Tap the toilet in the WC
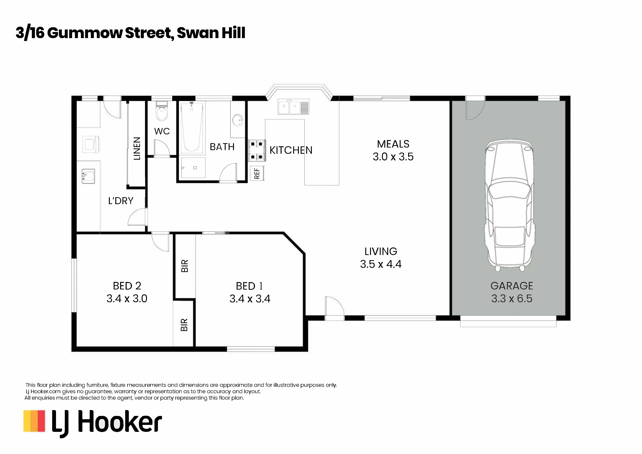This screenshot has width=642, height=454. click(x=162, y=111)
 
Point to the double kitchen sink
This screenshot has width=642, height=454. click(x=293, y=107)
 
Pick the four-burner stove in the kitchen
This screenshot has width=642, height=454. click(x=257, y=150)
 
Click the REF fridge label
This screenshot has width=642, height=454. click(x=257, y=173)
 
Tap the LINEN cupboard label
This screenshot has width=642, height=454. click(x=137, y=148)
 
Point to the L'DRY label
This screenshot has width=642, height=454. click(x=121, y=201)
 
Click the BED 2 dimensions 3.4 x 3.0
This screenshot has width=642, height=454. click(x=127, y=298)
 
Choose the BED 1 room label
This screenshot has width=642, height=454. click(x=249, y=286)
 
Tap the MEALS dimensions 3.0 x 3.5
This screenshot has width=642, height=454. click(x=393, y=157)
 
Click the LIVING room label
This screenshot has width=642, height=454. click(x=381, y=252)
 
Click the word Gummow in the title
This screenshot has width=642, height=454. click(x=85, y=33)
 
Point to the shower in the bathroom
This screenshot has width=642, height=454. click(x=193, y=168)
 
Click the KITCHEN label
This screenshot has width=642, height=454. click(x=291, y=150)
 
